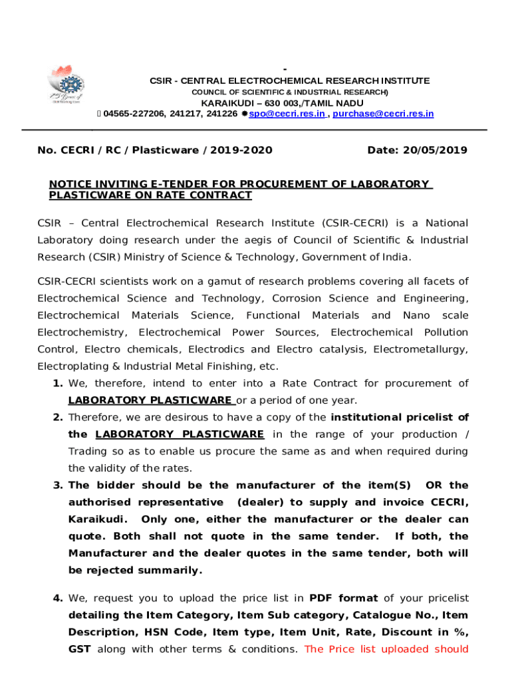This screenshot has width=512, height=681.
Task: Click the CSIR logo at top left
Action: [64, 86]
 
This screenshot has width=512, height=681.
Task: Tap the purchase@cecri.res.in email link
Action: [383, 114]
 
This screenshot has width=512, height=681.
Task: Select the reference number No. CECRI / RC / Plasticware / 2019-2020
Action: [155, 150]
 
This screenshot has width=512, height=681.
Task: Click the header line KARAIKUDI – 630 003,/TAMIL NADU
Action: [283, 103]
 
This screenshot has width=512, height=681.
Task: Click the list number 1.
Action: [57, 384]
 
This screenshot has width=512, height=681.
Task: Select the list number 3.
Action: [57, 485]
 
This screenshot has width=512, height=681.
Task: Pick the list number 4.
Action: [57, 598]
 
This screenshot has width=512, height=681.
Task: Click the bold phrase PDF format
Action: [344, 598]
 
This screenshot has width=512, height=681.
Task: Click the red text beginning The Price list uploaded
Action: [386, 649]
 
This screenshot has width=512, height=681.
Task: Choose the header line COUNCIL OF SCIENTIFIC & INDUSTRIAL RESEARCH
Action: [289, 92]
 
